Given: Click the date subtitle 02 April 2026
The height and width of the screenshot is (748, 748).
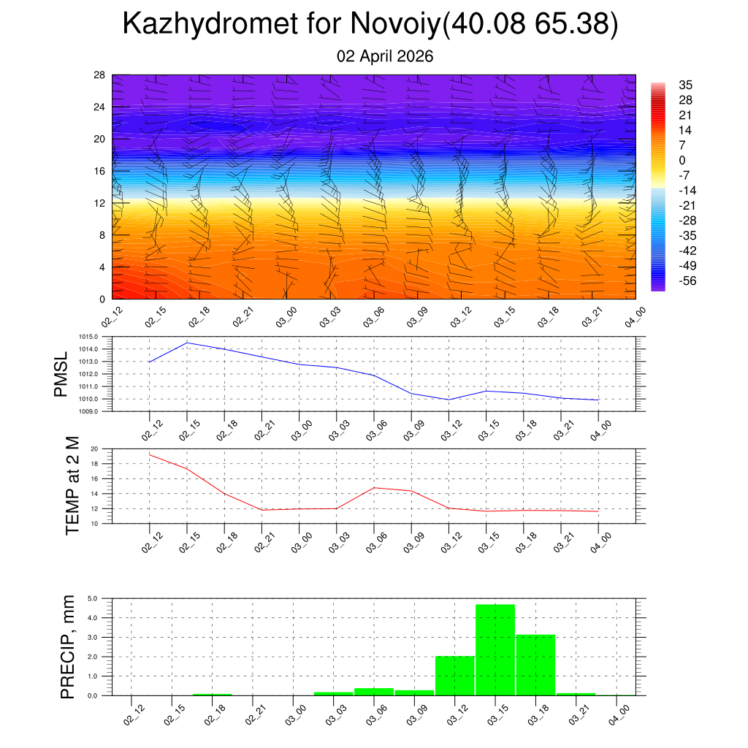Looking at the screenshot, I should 385,56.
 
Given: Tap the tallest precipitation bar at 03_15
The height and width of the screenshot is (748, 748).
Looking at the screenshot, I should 495,649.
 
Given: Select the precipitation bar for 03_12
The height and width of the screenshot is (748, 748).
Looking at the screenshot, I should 454,676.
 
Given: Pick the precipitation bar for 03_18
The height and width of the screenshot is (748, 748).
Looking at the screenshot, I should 535,665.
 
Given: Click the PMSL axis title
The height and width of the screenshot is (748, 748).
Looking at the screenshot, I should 61,374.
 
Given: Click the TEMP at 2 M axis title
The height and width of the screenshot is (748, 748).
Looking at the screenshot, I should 72,486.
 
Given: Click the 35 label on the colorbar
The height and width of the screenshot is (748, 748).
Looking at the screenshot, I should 685,85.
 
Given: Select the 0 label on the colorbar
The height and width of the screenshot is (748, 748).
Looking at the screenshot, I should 682,161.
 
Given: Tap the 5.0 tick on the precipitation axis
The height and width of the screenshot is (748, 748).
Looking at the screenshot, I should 93,598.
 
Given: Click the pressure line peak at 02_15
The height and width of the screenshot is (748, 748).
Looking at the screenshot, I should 187,343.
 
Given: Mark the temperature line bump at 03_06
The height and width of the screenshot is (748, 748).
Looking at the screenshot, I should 374,487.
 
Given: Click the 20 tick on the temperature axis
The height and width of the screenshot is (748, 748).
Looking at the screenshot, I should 94,449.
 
